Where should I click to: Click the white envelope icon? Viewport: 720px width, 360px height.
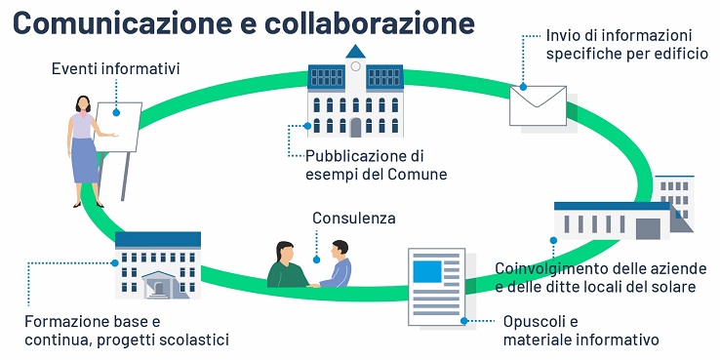(x=538, y=104)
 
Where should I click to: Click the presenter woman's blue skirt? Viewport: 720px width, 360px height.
(x=85, y=162)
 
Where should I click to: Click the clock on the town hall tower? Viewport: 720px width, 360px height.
(x=355, y=68)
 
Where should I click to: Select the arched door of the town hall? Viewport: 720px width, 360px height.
(x=355, y=126)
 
